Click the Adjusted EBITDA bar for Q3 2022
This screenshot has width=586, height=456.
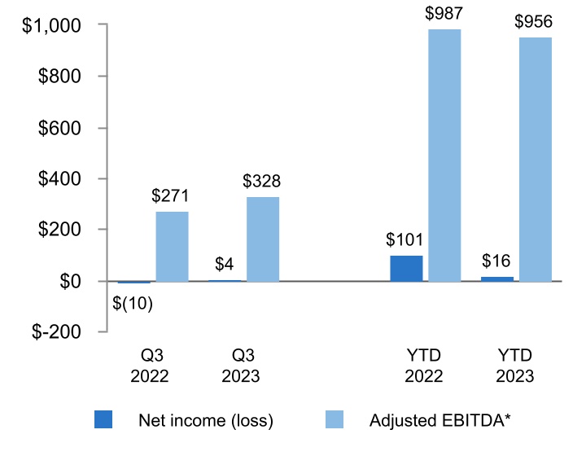[x=172, y=247]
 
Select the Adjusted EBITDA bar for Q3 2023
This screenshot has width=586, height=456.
[x=263, y=239]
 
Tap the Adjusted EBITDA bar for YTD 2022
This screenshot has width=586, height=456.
[x=444, y=155]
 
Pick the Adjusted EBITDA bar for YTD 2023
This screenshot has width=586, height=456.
[x=535, y=159]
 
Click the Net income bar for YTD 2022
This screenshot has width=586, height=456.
[x=406, y=268]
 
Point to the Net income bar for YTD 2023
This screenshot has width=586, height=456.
[x=497, y=278]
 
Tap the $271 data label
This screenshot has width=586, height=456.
[x=171, y=196]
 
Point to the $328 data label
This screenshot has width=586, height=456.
[x=262, y=182]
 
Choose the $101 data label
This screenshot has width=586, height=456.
[x=406, y=240]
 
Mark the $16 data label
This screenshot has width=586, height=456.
[x=497, y=261]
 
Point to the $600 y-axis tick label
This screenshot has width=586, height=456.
[x=59, y=128]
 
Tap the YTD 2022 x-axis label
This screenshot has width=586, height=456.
[x=425, y=366]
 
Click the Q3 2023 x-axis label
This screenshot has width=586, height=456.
[x=243, y=366]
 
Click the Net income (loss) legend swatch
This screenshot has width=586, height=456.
[x=105, y=420]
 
